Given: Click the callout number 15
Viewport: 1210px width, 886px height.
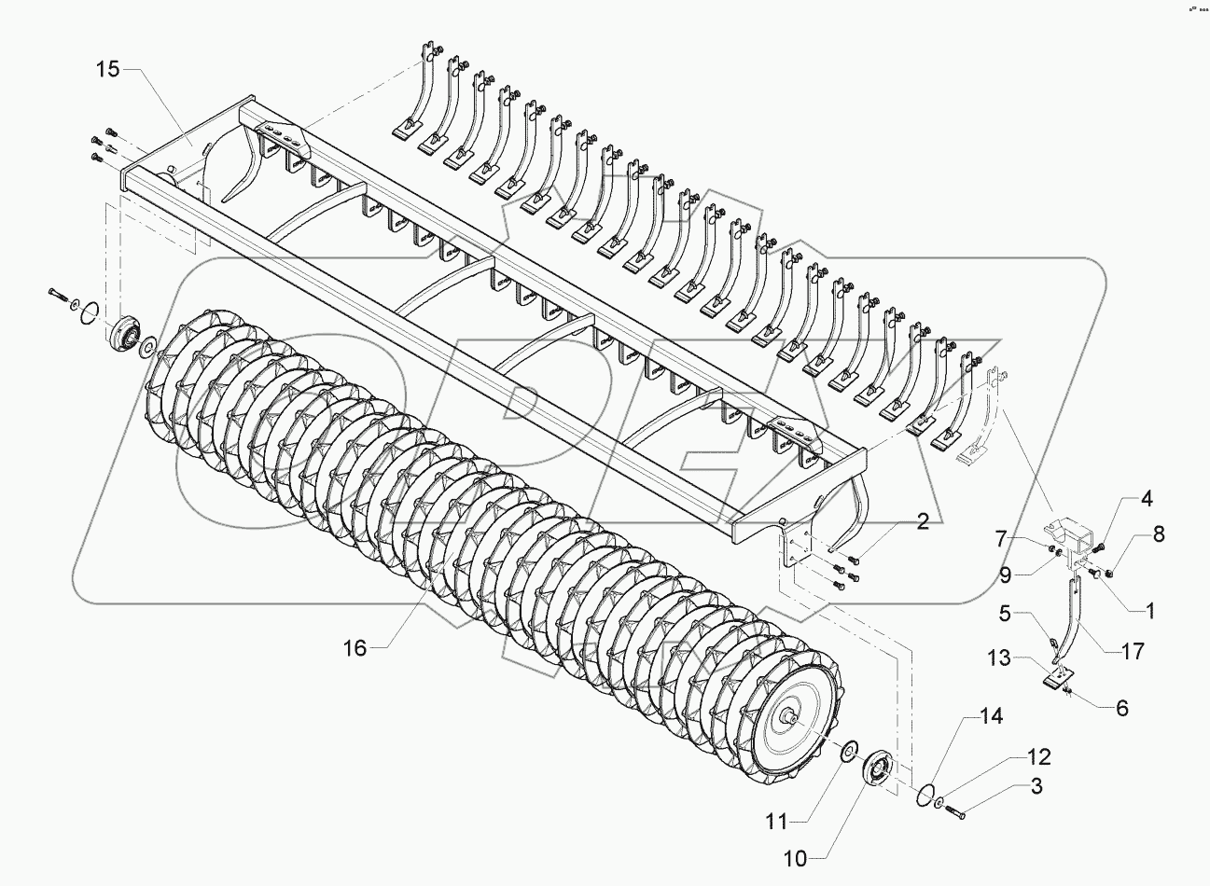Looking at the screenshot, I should (108, 69).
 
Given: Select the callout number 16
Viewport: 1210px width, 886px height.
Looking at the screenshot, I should (355, 648).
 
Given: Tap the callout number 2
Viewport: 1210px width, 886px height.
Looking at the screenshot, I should (922, 521).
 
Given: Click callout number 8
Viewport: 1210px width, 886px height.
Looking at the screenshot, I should (1159, 534).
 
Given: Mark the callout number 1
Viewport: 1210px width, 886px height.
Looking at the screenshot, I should (1150, 612).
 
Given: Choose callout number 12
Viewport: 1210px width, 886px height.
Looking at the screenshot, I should (1013, 756).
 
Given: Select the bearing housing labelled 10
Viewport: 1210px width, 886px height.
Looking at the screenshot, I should (877, 770).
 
